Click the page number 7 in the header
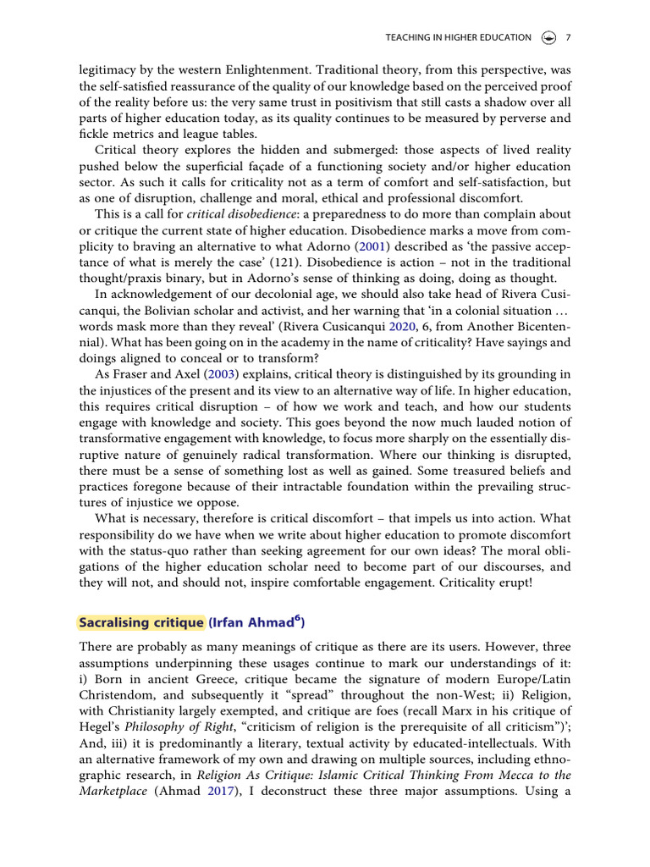coord(568,37)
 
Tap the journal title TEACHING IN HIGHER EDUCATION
coord(458,37)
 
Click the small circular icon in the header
coord(548,37)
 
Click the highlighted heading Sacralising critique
coord(141,622)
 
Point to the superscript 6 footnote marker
coord(296,619)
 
